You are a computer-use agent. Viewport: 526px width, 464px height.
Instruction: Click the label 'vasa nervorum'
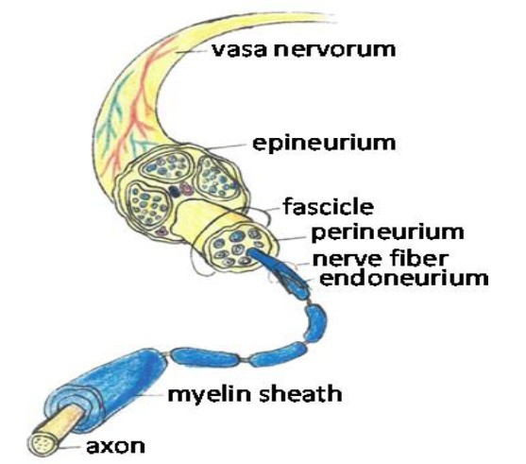click(x=304, y=50)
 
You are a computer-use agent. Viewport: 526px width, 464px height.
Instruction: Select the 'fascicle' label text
click(x=328, y=206)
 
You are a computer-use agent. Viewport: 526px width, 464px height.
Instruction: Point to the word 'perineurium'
click(x=388, y=232)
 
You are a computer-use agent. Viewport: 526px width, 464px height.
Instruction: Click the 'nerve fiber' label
click(x=381, y=259)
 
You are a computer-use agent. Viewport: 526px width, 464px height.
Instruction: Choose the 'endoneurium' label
click(x=404, y=279)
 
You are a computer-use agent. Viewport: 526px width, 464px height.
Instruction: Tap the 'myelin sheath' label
click(x=255, y=393)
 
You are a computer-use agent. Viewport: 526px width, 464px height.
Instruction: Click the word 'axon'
click(x=116, y=446)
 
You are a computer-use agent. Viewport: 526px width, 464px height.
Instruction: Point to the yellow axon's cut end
click(x=43, y=444)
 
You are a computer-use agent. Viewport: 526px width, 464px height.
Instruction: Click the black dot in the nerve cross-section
click(x=174, y=191)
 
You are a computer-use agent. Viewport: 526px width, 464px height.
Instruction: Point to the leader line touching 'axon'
click(x=70, y=447)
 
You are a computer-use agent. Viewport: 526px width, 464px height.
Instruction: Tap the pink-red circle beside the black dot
click(x=186, y=189)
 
